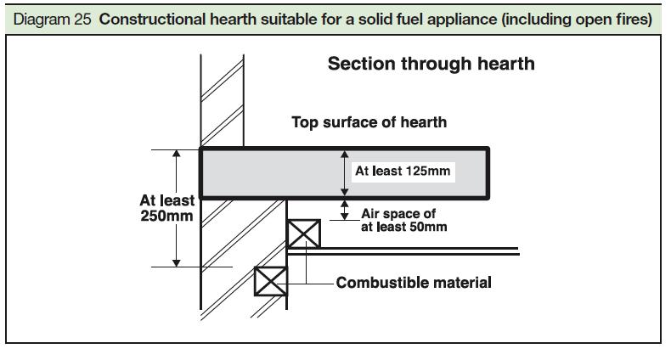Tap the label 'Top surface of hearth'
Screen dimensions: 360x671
[x=369, y=122]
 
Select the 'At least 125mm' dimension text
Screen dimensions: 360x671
[x=402, y=171]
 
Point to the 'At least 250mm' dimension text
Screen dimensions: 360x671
[x=166, y=208]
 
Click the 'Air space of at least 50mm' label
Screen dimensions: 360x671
[x=403, y=220]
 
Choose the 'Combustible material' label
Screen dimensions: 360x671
[x=414, y=282]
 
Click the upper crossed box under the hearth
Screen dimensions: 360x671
[x=303, y=233]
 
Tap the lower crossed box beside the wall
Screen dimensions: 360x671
[x=272, y=280]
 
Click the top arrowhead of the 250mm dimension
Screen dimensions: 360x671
[x=177, y=155]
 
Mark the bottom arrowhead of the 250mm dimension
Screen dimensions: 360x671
[x=177, y=262]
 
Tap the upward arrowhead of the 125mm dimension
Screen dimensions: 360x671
[x=345, y=155]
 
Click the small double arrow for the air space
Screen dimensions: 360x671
[x=345, y=210]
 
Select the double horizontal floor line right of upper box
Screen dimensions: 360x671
[x=416, y=250]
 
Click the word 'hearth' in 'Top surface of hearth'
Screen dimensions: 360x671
[x=425, y=122]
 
